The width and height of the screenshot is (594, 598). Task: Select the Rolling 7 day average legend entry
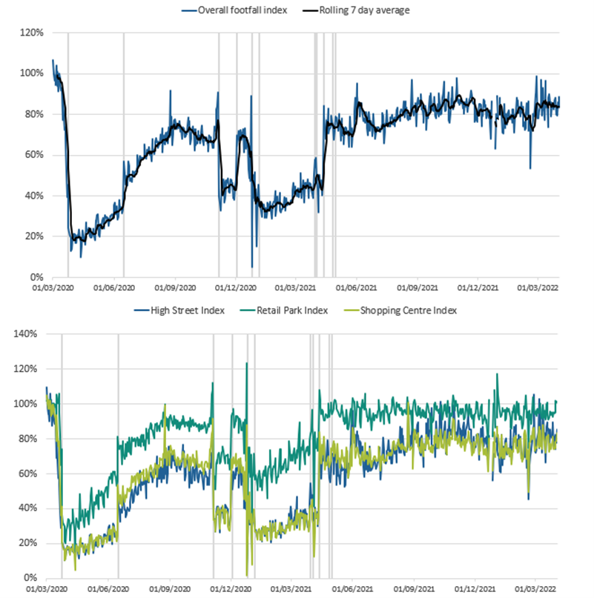point(359,10)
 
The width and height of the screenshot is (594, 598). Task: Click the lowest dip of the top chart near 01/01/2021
point(252,266)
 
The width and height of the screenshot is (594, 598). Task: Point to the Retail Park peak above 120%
point(246,363)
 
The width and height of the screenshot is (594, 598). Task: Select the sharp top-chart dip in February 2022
point(529,168)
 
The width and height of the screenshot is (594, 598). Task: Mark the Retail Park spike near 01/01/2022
point(497,374)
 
